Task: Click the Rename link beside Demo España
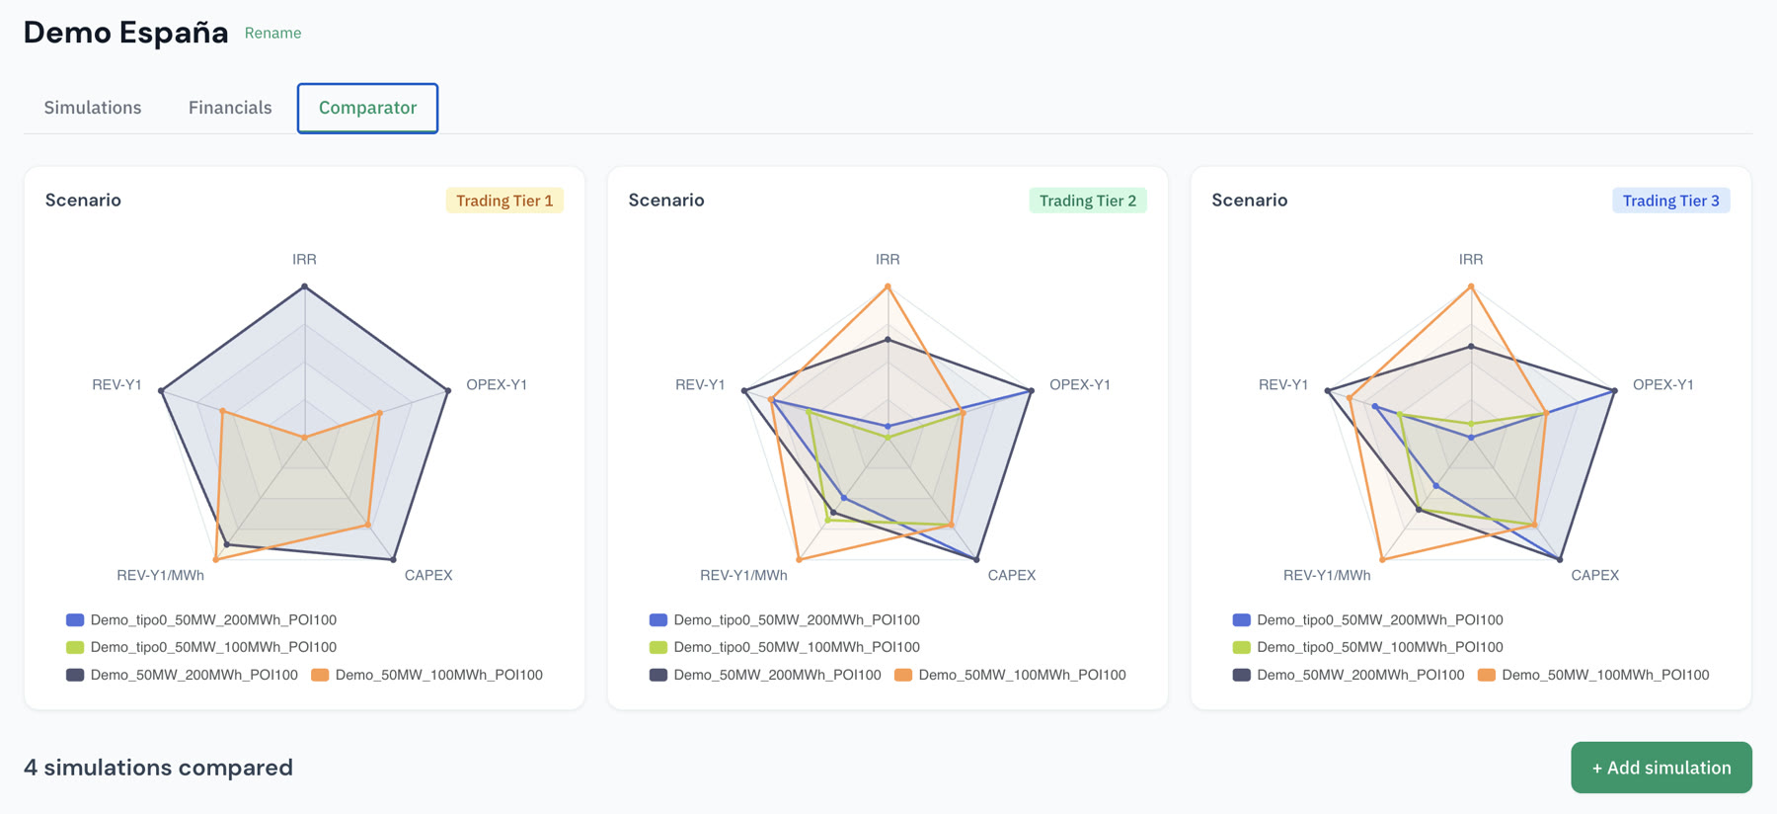pos(272,33)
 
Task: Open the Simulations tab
pos(93,108)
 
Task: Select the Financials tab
pos(230,108)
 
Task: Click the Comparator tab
pos(367,108)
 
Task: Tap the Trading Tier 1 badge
pos(504,201)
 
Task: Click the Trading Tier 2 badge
pos(1088,201)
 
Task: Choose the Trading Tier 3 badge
pos(1671,201)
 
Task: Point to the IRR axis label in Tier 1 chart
pos(304,259)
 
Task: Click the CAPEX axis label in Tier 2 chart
pos(1012,575)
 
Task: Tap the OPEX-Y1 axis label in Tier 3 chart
pos(1663,384)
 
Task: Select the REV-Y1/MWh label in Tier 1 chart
pos(161,575)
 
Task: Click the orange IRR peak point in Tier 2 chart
pos(888,286)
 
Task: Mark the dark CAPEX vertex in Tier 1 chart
pos(394,560)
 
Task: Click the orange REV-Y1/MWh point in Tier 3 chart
pos(1382,560)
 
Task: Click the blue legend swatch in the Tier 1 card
pos(75,620)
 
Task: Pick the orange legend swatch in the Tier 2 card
pos(903,675)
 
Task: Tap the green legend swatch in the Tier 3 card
pos(1242,647)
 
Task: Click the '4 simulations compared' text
pos(158,768)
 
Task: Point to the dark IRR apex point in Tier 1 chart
pos(304,286)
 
